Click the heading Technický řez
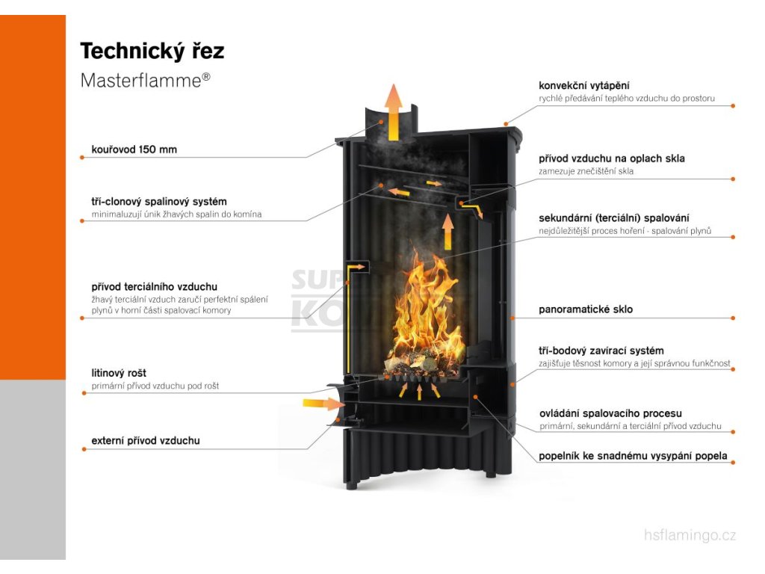(x=152, y=51)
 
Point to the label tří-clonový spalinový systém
(x=158, y=202)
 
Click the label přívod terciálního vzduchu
(x=154, y=286)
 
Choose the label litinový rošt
(x=119, y=373)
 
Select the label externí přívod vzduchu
(x=145, y=441)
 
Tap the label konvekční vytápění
(x=589, y=86)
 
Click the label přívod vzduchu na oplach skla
(x=611, y=158)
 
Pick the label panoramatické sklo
(x=585, y=309)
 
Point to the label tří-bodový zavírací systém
(x=601, y=351)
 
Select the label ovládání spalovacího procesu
(x=610, y=413)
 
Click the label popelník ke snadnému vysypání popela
(x=633, y=456)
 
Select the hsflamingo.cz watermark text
(x=690, y=534)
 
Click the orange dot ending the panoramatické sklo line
(x=733, y=318)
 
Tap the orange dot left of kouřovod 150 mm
(x=82, y=157)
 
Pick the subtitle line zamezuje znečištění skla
(x=586, y=172)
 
